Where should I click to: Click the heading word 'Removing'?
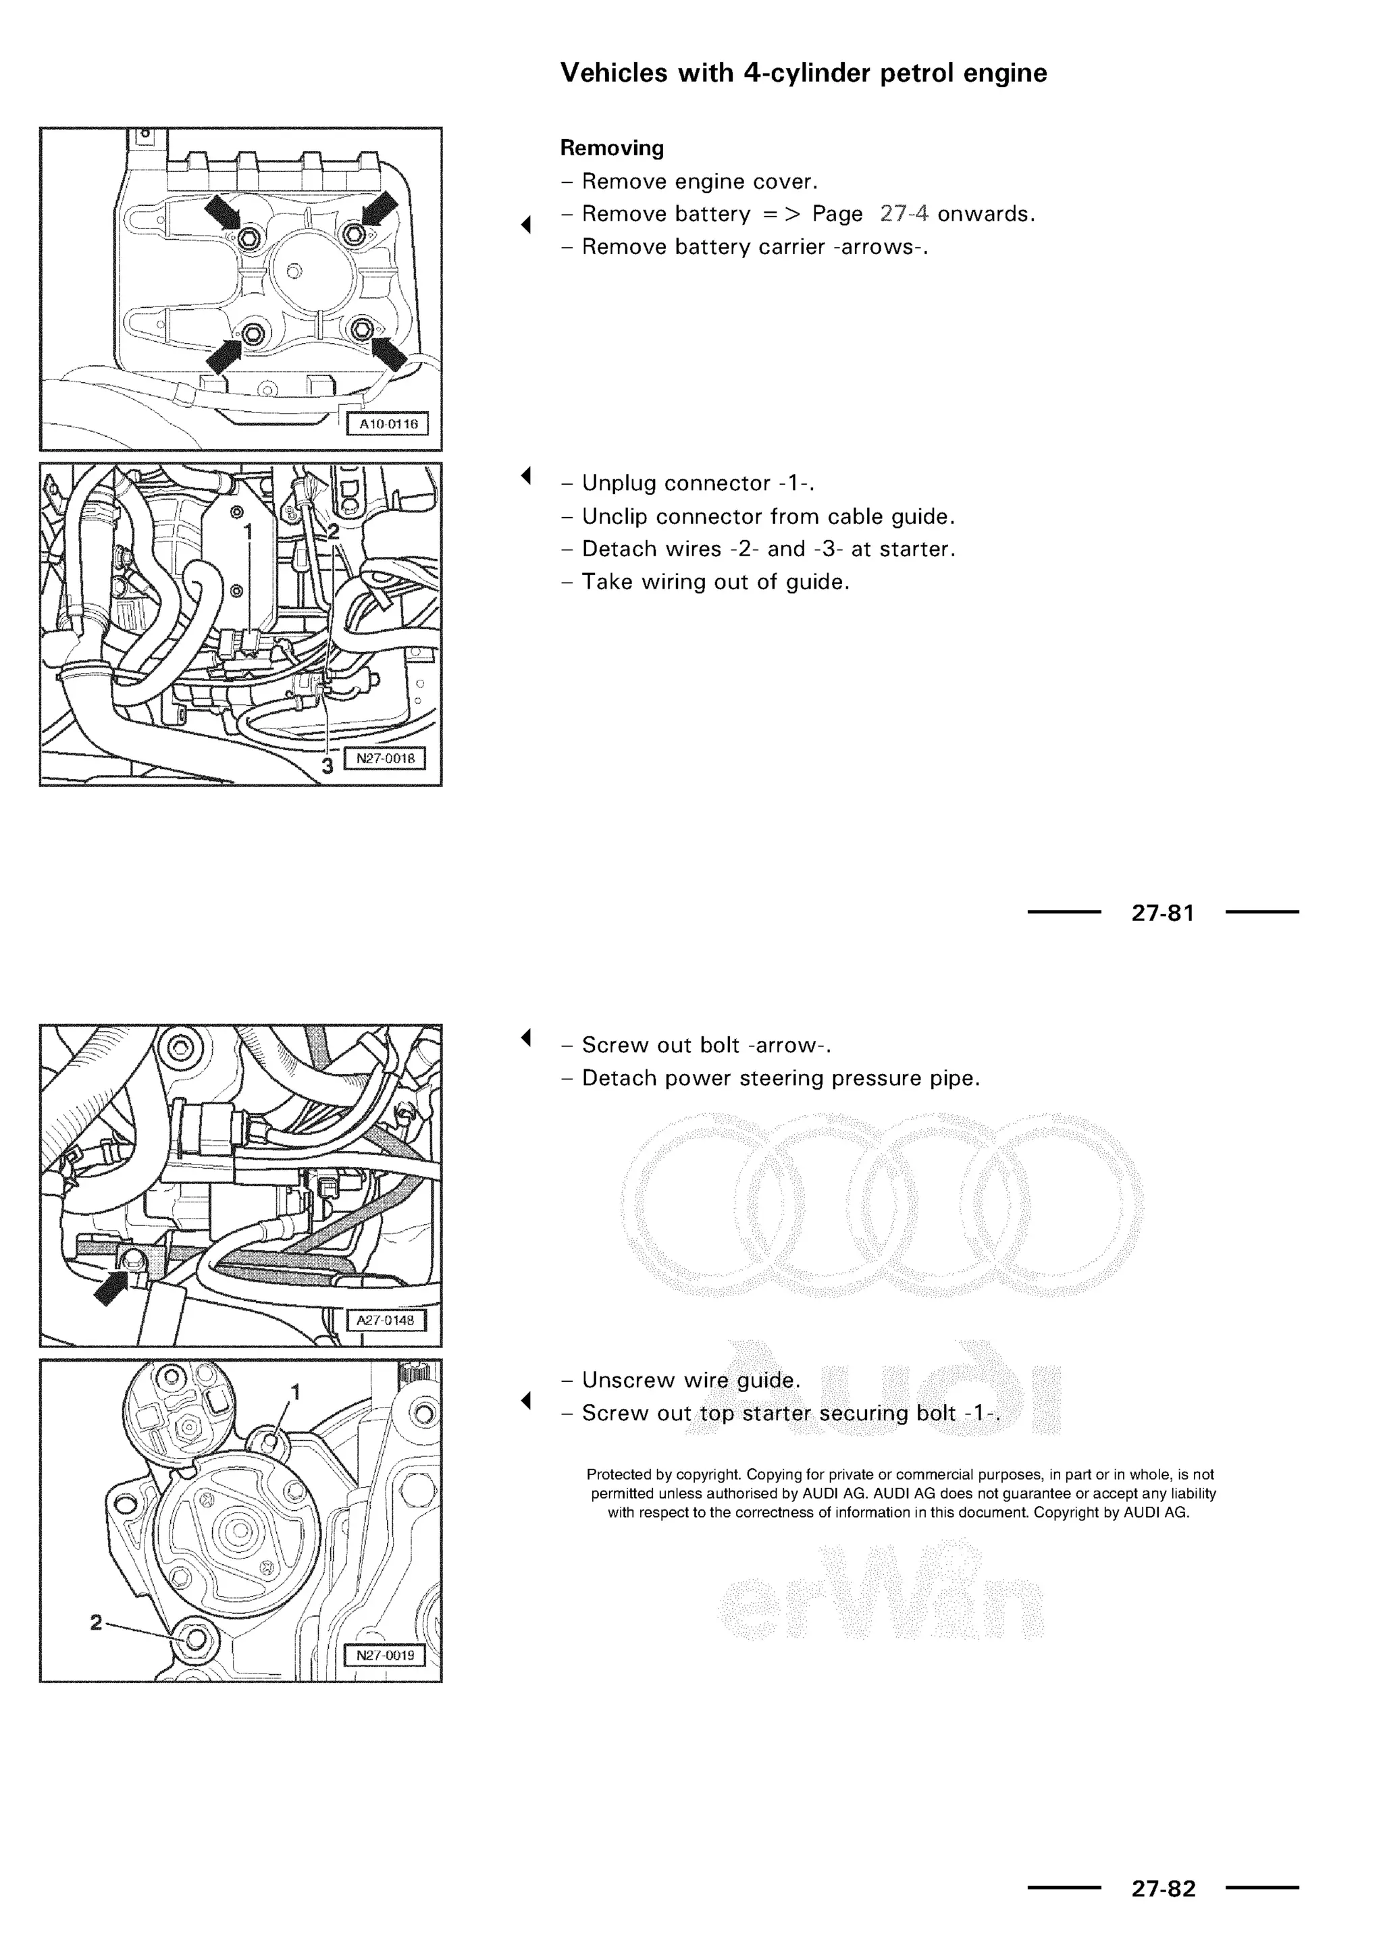click(x=611, y=148)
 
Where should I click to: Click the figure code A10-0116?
click(x=388, y=424)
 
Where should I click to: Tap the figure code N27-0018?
click(x=385, y=759)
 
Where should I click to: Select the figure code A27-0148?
click(x=385, y=1320)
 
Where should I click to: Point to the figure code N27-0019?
click(x=385, y=1655)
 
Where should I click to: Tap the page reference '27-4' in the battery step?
click(x=904, y=214)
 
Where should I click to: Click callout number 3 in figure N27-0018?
click(x=327, y=766)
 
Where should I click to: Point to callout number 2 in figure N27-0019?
click(x=97, y=1622)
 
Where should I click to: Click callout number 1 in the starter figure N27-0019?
click(x=296, y=1391)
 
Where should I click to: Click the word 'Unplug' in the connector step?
click(x=619, y=483)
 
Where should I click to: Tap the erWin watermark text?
click(x=881, y=1601)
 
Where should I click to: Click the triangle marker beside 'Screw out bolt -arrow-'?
click(x=526, y=1037)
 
